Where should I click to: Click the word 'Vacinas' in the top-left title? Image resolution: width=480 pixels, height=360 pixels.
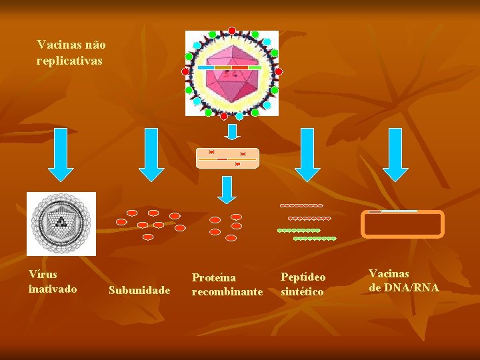tap(56, 45)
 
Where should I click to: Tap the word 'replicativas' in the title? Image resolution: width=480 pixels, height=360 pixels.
tap(70, 60)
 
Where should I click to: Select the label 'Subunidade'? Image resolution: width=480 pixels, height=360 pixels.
tap(139, 290)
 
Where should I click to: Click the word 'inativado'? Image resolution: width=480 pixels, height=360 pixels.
tap(53, 289)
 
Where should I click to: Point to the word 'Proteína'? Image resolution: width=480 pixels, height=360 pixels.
tap(213, 277)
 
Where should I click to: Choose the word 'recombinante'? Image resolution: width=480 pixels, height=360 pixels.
tap(227, 291)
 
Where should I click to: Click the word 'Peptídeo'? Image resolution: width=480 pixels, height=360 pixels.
tap(303, 277)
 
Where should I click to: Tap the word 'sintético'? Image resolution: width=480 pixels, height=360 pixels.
tap(302, 291)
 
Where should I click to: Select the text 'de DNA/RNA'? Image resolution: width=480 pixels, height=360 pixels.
tap(404, 287)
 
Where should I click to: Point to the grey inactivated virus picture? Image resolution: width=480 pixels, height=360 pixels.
tap(61, 224)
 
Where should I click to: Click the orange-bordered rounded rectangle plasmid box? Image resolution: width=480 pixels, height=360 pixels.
tap(402, 224)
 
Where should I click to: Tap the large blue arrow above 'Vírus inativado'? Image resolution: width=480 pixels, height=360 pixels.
tap(61, 154)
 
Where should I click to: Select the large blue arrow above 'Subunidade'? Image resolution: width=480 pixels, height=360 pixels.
tap(152, 154)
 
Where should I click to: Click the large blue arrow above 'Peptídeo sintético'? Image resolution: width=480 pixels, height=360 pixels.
tap(307, 154)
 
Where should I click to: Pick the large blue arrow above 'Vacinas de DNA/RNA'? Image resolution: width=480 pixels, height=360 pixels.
tap(396, 154)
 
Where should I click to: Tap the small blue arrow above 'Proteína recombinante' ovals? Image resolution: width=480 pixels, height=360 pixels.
tap(227, 189)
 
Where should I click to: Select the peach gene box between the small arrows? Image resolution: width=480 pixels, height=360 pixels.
tap(227, 158)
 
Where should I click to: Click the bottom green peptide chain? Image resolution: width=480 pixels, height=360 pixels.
tap(315, 238)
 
